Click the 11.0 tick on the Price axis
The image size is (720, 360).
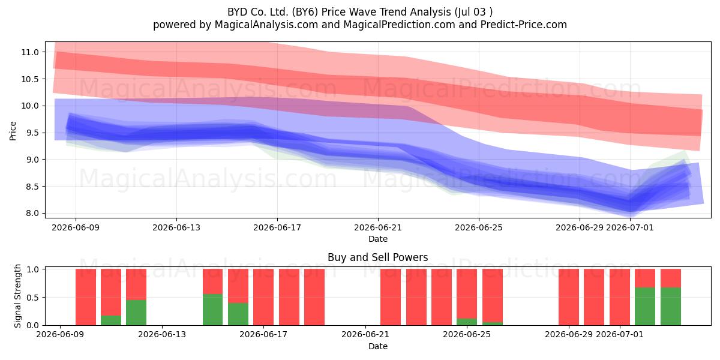pyautogui.click(x=29, y=52)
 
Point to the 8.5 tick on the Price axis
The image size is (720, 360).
pyautogui.click(x=31, y=187)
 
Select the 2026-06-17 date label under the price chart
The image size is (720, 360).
pyautogui.click(x=277, y=227)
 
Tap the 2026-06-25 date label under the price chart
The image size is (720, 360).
pyautogui.click(x=479, y=227)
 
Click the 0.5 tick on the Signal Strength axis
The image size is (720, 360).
pyautogui.click(x=33, y=298)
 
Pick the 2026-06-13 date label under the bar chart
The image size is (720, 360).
pyautogui.click(x=162, y=335)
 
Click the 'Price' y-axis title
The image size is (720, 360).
pyautogui.click(x=13, y=131)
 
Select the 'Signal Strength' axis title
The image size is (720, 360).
pyautogui.click(x=17, y=296)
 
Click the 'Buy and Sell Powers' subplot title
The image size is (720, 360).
pyautogui.click(x=377, y=257)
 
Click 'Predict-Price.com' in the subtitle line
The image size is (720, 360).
pyautogui.click(x=524, y=25)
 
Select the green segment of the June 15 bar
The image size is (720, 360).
pyautogui.click(x=212, y=310)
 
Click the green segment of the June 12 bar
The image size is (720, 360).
pyautogui.click(x=136, y=313)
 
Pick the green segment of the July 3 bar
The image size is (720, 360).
pyautogui.click(x=671, y=307)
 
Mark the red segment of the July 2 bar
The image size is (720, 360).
pyautogui.click(x=645, y=278)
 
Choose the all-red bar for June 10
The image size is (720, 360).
pyautogui.click(x=86, y=297)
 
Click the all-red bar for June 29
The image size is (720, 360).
pyautogui.click(x=569, y=297)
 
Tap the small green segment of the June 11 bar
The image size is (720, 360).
pyautogui.click(x=111, y=320)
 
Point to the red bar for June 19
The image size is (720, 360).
pyautogui.click(x=314, y=297)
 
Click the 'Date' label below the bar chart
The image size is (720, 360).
pyautogui.click(x=377, y=346)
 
